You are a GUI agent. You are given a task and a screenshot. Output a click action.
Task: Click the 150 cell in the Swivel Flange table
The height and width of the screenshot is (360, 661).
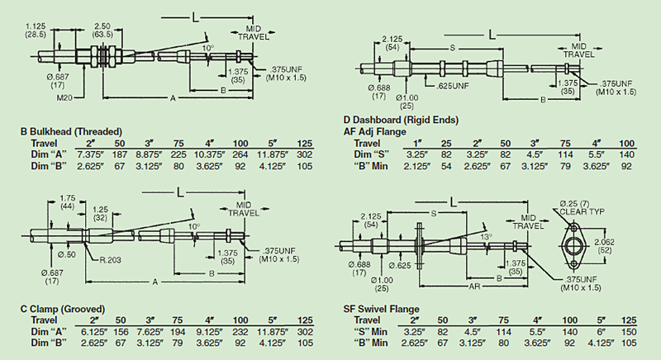point(629,330)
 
